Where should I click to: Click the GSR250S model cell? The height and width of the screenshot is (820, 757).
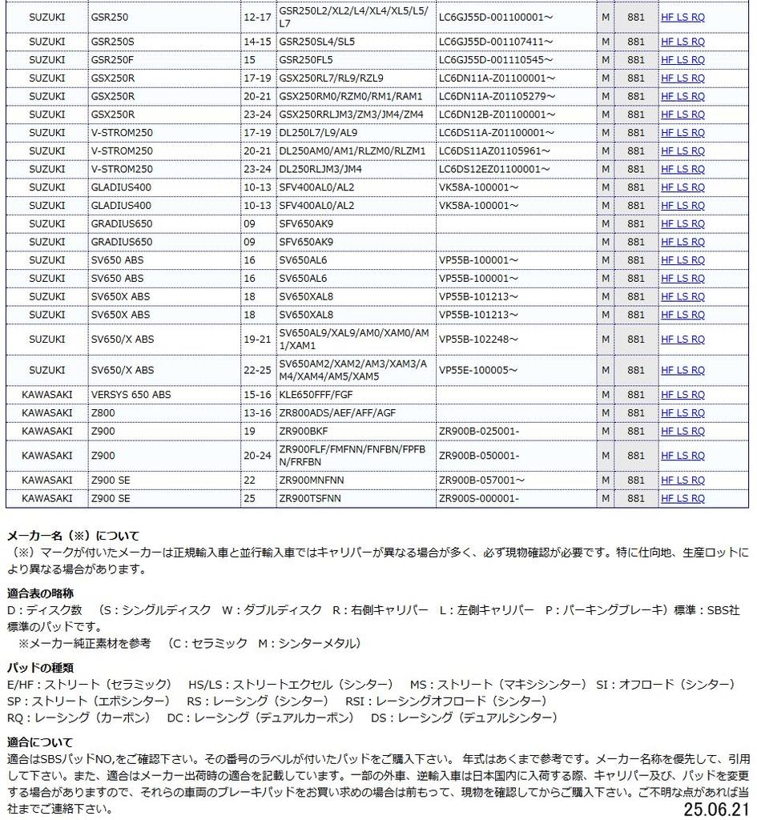pos(113,42)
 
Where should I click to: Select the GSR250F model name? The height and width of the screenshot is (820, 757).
pos(113,60)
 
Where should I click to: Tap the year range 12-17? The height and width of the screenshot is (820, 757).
pos(256,17)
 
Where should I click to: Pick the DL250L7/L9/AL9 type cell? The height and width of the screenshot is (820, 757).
pos(318,133)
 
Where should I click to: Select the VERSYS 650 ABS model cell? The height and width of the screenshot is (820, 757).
pos(131,395)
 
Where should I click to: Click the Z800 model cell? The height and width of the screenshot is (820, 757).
pos(103,413)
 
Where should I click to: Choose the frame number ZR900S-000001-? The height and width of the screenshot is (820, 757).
pos(479,498)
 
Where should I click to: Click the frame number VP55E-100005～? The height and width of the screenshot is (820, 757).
pos(478,371)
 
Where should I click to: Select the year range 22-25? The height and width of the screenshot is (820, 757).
pos(256,371)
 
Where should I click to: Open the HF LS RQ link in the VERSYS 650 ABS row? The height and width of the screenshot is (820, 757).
pos(683,395)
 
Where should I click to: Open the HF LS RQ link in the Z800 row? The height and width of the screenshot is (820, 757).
pos(683,413)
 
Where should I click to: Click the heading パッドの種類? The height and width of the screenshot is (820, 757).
pos(40,667)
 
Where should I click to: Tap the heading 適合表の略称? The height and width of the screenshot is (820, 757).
pos(40,593)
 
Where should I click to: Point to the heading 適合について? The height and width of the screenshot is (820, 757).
pos(40,742)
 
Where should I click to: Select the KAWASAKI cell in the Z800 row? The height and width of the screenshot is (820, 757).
pos(46,413)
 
